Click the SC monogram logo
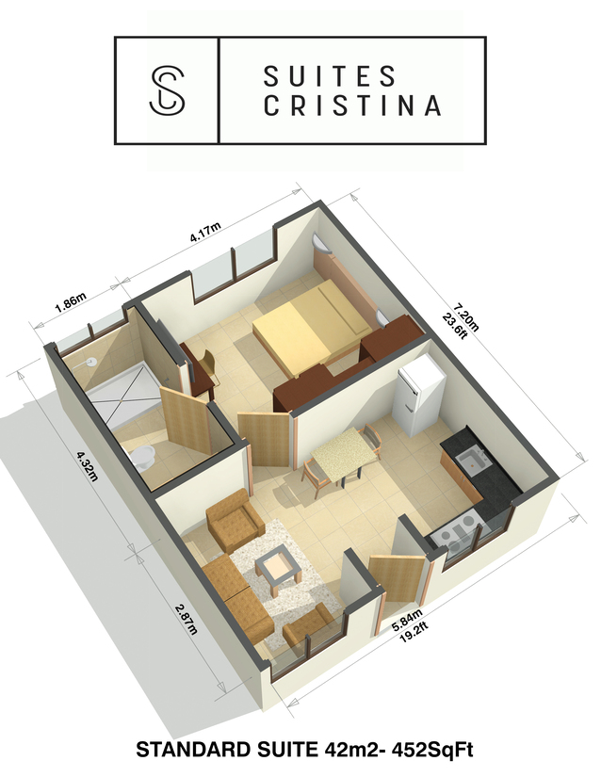pyautogui.click(x=167, y=91)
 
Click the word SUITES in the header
pyautogui.click(x=330, y=76)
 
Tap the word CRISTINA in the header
pyautogui.click(x=352, y=105)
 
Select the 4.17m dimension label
pyautogui.click(x=205, y=233)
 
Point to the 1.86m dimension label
pyautogui.click(x=71, y=301)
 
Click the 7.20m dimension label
pyautogui.click(x=465, y=316)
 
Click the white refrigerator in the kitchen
pyautogui.click(x=418, y=395)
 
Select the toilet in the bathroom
pyautogui.click(x=141, y=457)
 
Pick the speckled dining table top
pyautogui.click(x=344, y=454)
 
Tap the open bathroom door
pyautogui.click(x=187, y=419)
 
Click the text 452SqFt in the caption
pyautogui.click(x=432, y=750)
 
